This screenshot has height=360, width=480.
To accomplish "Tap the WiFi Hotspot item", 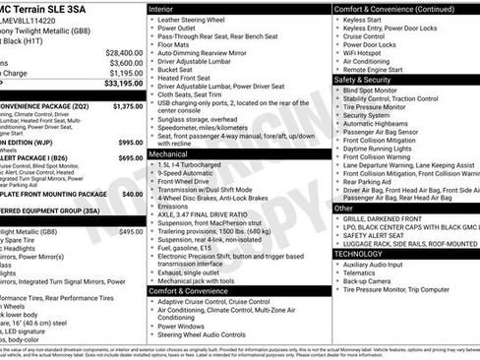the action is click(x=368, y=53).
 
